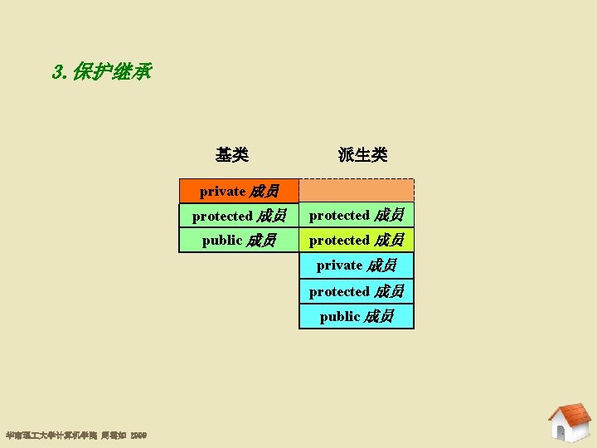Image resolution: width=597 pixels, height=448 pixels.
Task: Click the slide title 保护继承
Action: pos(111,72)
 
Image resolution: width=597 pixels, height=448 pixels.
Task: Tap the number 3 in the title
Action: pos(57,72)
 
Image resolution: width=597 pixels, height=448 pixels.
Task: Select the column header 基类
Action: pos(231,155)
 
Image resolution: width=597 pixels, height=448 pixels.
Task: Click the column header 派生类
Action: pos(362,155)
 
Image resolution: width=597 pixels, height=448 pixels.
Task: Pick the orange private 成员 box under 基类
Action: pos(239,192)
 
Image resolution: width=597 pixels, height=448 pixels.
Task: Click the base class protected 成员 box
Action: pos(239,216)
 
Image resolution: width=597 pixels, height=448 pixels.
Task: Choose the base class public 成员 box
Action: pos(239,241)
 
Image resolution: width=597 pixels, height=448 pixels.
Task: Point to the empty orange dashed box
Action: pos(357,192)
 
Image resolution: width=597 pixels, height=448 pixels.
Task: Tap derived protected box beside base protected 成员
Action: pos(357,216)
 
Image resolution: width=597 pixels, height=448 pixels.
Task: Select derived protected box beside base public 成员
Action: pos(357,241)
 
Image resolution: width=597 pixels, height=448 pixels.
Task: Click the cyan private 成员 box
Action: pos(357,265)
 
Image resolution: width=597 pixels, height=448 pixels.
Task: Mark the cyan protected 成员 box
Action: pos(357,291)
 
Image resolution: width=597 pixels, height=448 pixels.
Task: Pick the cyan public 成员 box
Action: pos(357,316)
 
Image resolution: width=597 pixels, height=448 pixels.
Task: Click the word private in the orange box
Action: pos(222,192)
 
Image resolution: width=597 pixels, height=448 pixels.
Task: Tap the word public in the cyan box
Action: pos(340,316)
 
